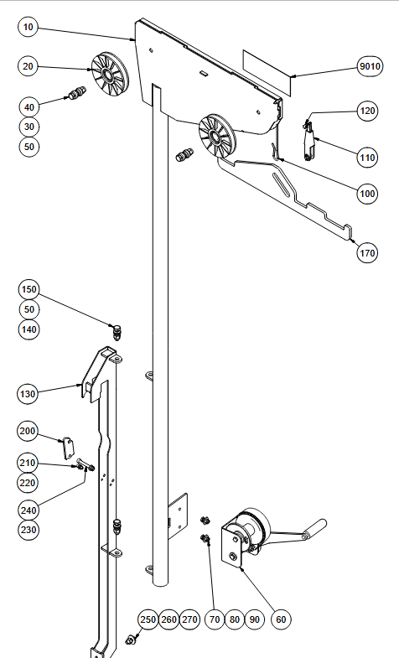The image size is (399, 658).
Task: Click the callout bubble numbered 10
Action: coord(28,27)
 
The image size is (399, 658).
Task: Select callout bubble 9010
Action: coord(370,66)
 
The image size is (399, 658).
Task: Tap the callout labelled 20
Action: coord(28,66)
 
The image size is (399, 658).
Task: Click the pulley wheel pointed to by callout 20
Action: coord(110,75)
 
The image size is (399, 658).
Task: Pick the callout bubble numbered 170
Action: coord(367,253)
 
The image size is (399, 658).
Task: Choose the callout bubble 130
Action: coord(28,394)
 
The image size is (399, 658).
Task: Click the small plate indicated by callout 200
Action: coord(68,448)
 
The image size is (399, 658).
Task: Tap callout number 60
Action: coord(281,619)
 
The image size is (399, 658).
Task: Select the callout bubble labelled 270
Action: coord(189,619)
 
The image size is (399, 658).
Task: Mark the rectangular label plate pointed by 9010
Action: coord(267,73)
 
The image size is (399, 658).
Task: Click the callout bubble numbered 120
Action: coord(367,111)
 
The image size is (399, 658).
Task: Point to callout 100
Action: coord(367,194)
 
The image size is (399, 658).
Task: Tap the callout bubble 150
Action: coord(28,289)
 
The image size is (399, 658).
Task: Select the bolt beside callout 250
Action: coord(131,640)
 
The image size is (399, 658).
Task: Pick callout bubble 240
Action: coord(28,510)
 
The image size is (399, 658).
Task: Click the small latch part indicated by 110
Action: coord(308,142)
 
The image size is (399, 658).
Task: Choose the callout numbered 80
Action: coord(235,619)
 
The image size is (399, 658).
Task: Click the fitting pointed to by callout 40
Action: coord(76,93)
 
